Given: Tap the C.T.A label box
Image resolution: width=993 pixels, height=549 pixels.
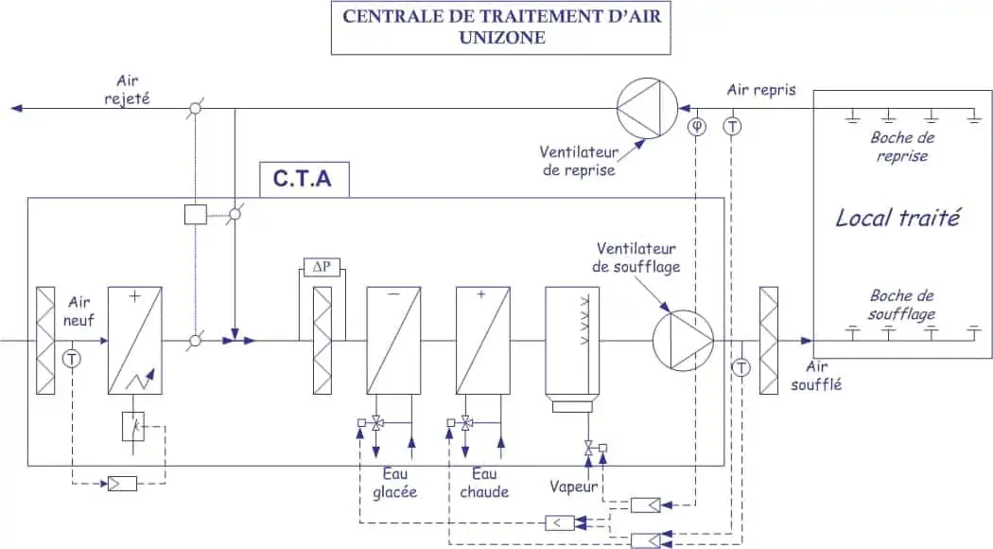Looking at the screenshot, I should coord(304,178).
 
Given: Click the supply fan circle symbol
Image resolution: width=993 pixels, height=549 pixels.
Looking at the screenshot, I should coord(682,339).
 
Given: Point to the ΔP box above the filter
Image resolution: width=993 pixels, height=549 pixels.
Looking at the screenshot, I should coord(322,268).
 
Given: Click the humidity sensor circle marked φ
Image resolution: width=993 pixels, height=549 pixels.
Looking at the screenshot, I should coord(697,126).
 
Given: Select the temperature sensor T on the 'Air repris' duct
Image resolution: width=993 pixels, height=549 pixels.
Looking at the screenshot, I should coord(732,126).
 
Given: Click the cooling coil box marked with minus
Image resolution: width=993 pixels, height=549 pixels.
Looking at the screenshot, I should coord(393,339).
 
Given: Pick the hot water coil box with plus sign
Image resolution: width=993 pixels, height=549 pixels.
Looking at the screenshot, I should coord(482,339).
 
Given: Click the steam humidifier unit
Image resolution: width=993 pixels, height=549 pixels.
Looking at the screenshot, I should coord(572,345).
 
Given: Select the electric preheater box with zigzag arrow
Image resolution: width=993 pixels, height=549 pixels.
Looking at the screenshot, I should coord(134,339).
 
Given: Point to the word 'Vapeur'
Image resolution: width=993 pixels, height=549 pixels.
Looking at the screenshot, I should coord(574,487).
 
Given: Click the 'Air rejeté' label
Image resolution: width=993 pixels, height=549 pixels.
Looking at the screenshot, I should coord(133,90).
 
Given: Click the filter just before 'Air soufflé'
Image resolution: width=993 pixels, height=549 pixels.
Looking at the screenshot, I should coord(768,339).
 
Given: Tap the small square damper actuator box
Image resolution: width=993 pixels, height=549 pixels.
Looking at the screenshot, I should coord(196,214).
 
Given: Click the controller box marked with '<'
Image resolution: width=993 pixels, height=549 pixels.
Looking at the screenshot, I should coord(559,522).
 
